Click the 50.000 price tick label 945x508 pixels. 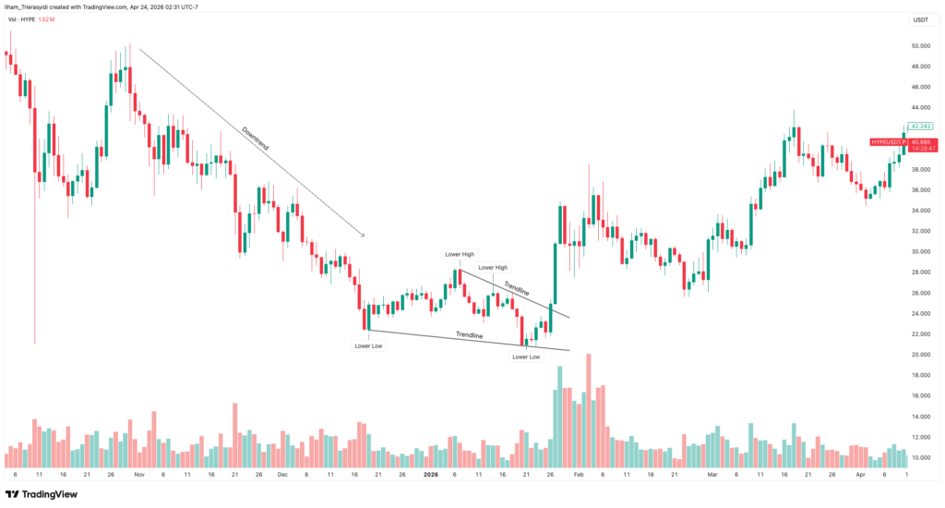coord(919,45)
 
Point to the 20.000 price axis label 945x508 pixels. coord(919,355)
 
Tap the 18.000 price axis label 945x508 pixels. coord(919,375)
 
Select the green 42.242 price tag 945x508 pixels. coord(920,126)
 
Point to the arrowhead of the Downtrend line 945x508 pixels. coord(364,236)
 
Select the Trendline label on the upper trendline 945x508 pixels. coord(517,288)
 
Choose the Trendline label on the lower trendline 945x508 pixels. coord(470,334)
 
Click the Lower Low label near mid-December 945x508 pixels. coord(368,345)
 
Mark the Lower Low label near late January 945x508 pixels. coord(526,357)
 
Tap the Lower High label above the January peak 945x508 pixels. coord(459,254)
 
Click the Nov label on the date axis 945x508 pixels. coord(138,474)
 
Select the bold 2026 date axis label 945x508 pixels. coord(430,474)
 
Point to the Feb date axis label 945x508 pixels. coord(578,474)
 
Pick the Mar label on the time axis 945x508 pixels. coord(712,474)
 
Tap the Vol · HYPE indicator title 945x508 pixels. coord(21,18)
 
